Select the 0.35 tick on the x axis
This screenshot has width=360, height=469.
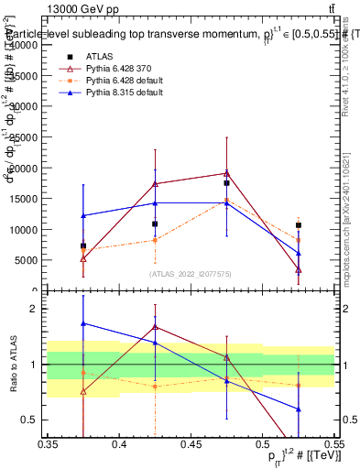pyautogui.click(x=48, y=443)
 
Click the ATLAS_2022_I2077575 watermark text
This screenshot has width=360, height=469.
pyautogui.click(x=191, y=274)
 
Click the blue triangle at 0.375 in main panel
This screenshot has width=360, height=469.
pyautogui.click(x=83, y=215)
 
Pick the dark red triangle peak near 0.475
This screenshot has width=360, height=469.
pyautogui.click(x=226, y=172)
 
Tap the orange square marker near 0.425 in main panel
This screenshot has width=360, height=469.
pyautogui.click(x=155, y=240)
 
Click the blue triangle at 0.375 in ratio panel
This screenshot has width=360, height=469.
pyautogui.click(x=83, y=323)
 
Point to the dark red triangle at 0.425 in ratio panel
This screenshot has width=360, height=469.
pyautogui.click(x=155, y=326)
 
